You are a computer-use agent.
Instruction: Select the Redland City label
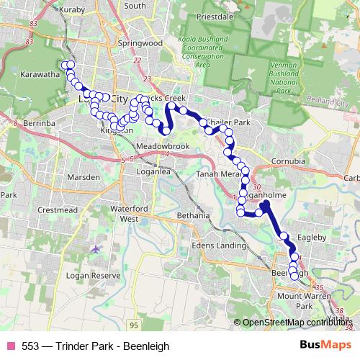click(x=327, y=105)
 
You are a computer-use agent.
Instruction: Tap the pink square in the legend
click(x=11, y=346)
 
